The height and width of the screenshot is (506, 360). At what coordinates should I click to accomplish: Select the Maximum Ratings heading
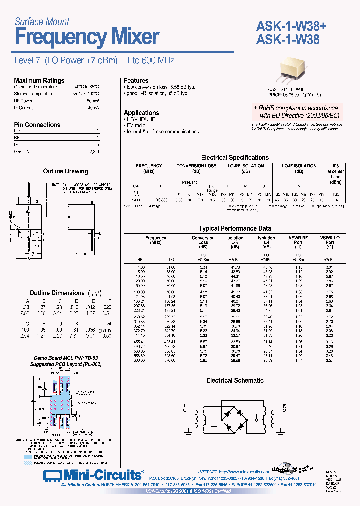tap(39, 80)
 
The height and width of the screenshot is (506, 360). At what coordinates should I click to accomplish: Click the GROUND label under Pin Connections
tap(23, 151)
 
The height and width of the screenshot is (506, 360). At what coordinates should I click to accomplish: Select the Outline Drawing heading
tap(65, 171)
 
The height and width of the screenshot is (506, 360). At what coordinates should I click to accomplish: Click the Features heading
tap(136, 80)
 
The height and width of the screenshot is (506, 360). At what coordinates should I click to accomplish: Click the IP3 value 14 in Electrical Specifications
tap(336, 199)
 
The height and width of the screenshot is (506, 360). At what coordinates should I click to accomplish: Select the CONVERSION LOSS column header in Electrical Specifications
tap(196, 166)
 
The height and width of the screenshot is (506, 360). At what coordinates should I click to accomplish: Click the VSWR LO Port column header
tap(329, 241)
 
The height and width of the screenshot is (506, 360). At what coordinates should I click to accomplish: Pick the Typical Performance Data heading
tap(234, 228)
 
